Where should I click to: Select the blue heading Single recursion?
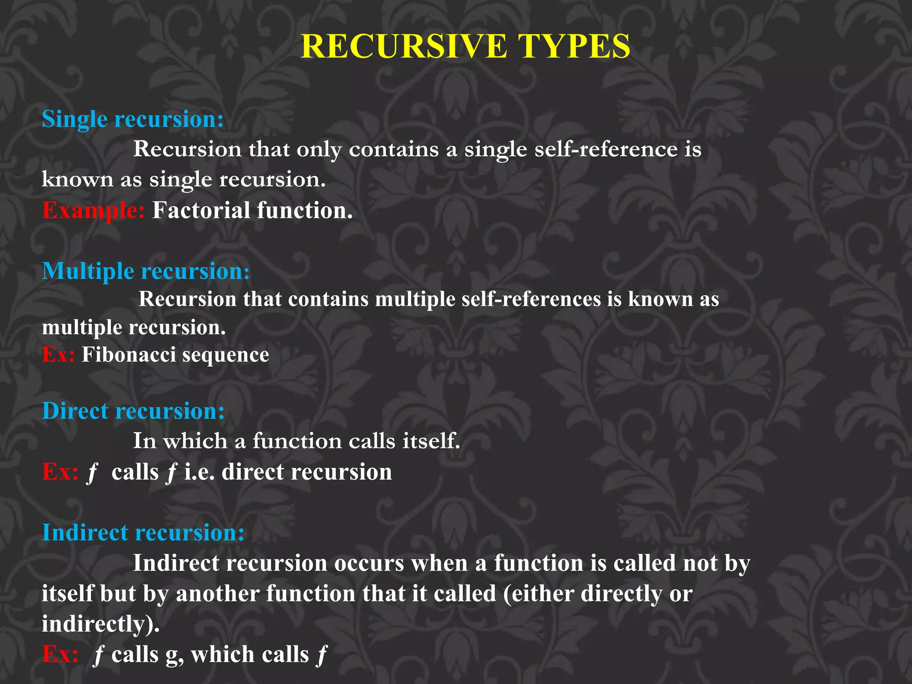click(x=133, y=119)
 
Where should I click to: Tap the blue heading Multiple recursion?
click(x=146, y=271)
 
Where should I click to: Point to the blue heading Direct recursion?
click(x=133, y=411)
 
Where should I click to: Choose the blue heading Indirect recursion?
click(x=143, y=533)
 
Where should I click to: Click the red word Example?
click(x=93, y=211)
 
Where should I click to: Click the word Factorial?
click(x=201, y=210)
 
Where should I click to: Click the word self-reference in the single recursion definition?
click(x=606, y=149)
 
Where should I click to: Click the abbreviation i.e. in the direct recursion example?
click(x=199, y=472)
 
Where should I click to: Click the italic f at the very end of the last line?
click(x=321, y=655)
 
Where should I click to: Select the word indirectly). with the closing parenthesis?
click(x=101, y=624)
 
